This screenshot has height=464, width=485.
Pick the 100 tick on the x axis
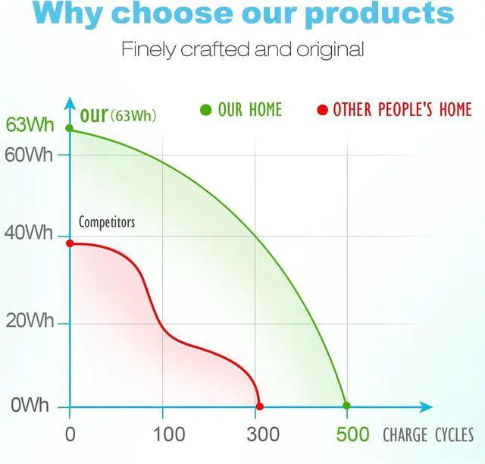pos(168,434)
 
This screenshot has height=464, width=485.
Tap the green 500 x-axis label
pos(353,434)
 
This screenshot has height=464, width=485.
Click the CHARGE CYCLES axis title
pos(428,435)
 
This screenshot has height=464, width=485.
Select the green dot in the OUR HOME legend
pos(205,111)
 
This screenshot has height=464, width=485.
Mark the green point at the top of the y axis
pos(70,129)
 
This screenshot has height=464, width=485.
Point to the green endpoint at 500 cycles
pos(346,406)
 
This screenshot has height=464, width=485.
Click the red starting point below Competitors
pos(70,243)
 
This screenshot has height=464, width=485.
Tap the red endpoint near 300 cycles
pos(260,406)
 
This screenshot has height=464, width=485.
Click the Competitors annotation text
pos(107,222)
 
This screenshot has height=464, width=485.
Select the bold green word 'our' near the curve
pos(93,116)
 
